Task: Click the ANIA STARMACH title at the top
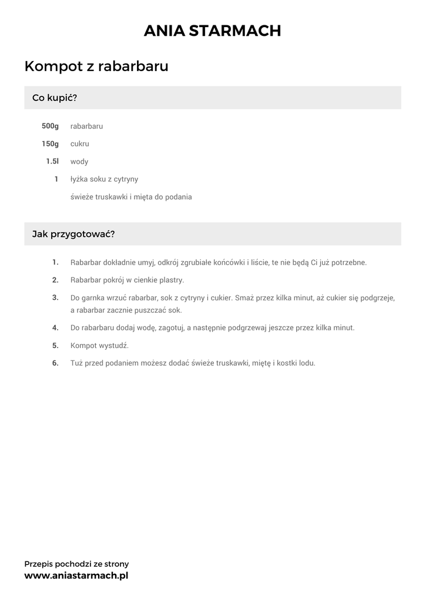tap(213, 31)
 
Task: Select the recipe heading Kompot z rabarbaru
tap(96, 66)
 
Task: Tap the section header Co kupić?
tap(55, 98)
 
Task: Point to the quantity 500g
tap(50, 126)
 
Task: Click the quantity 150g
tap(50, 144)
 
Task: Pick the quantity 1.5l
tap(52, 162)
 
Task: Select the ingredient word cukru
tap(80, 144)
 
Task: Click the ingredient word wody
tap(79, 162)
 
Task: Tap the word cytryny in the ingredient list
tap(125, 179)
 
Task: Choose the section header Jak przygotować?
tap(73, 234)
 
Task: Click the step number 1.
tap(55, 262)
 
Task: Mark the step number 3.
tap(55, 297)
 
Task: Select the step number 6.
tap(55, 363)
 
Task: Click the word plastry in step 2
tap(171, 280)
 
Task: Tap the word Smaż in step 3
tap(245, 297)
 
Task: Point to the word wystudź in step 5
tap(114, 345)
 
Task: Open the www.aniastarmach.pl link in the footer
tap(76, 576)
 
